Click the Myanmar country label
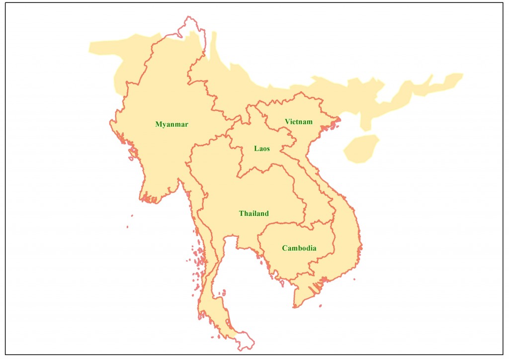coord(171,124)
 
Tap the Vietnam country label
coord(298,122)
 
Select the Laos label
coord(262,148)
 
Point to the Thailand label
coord(254,213)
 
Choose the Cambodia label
coord(299,248)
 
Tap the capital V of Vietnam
coord(287,122)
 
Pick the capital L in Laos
coord(256,148)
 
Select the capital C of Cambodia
coord(284,248)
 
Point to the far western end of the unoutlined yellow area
coord(90,47)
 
